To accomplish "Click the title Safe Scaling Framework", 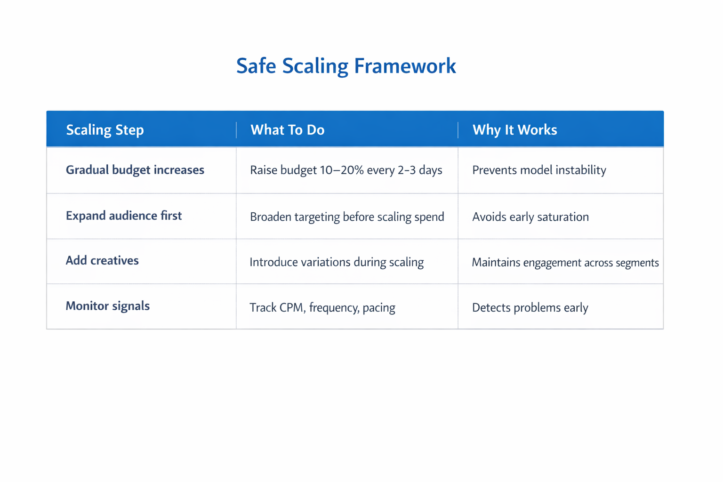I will [346, 66].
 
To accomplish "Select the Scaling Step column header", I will [105, 130].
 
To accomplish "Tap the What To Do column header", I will [287, 130].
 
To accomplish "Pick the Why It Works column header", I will [514, 130].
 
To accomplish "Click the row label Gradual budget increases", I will [135, 170].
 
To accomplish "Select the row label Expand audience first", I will [123, 216].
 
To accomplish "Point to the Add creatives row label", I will [102, 261].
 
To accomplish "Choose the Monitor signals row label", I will [107, 306].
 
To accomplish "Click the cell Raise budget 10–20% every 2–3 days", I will [346, 170].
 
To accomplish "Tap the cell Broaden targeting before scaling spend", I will [347, 217].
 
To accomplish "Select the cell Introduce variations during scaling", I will [336, 262].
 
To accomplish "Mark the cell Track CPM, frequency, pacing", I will [322, 308].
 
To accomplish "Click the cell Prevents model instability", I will [539, 170].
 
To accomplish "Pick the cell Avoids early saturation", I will [530, 217].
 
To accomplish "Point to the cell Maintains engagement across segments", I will [565, 263].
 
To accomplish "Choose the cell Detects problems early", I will [530, 308].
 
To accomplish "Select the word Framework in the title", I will [405, 66].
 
